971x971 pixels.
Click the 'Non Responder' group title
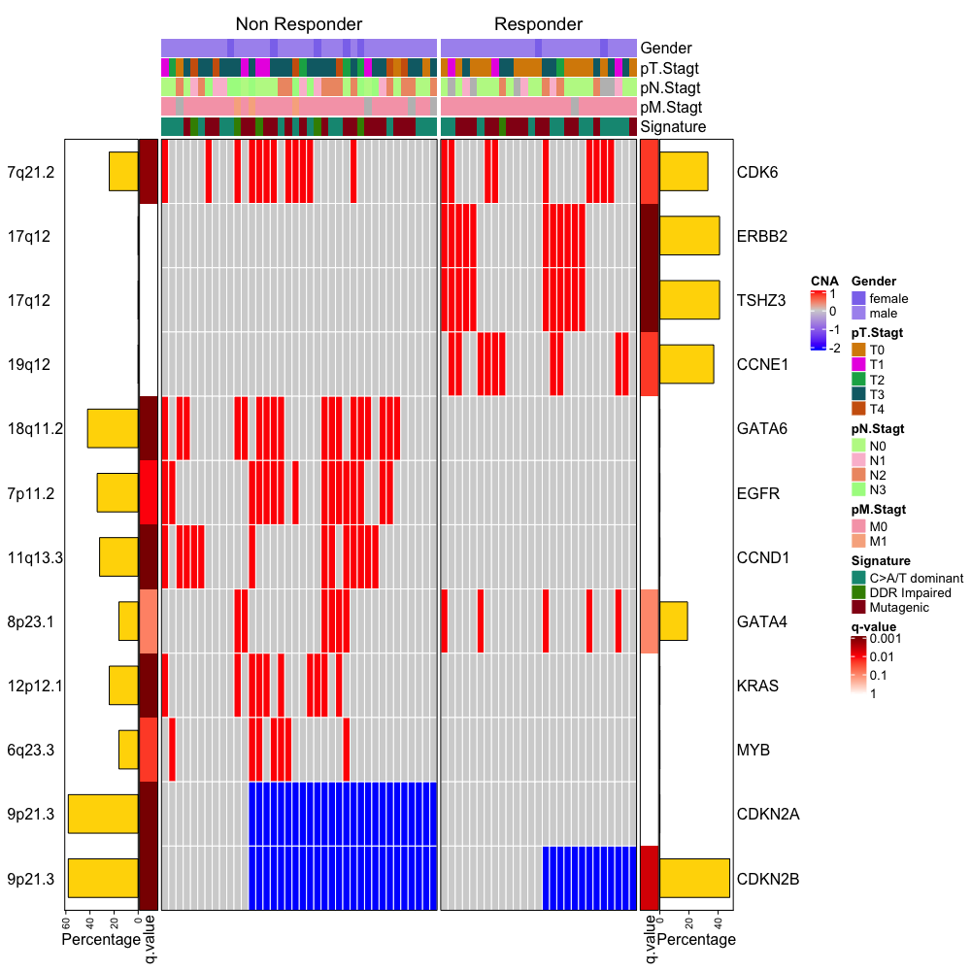click(298, 23)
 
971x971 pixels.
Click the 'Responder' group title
click(538, 23)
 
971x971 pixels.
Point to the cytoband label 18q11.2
click(35, 429)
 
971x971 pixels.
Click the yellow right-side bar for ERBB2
click(689, 236)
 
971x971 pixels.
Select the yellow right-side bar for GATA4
click(673, 621)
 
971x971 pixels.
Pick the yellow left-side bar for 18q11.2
click(113, 428)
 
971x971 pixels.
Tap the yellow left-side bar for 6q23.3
click(128, 750)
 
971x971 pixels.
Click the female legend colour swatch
click(858, 298)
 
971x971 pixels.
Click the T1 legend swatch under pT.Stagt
click(858, 364)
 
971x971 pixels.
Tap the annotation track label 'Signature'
click(673, 127)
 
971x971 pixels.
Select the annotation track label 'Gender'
click(666, 48)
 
